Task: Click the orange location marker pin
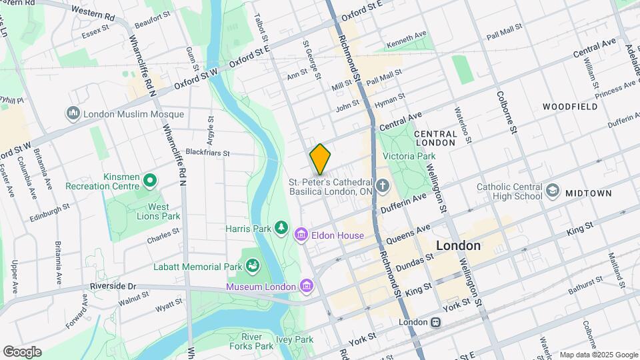point(320,159)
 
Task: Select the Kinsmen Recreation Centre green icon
point(151,180)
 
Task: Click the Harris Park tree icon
point(281,229)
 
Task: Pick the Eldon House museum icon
point(301,235)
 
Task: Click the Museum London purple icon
point(306,287)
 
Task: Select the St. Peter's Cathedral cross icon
point(383,185)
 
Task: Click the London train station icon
point(435,322)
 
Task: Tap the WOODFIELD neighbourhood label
point(569,107)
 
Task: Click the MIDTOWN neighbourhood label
point(588,193)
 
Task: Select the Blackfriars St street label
point(207,153)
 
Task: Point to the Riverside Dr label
point(113,286)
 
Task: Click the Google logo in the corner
point(22,352)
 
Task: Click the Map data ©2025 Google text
point(598,355)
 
